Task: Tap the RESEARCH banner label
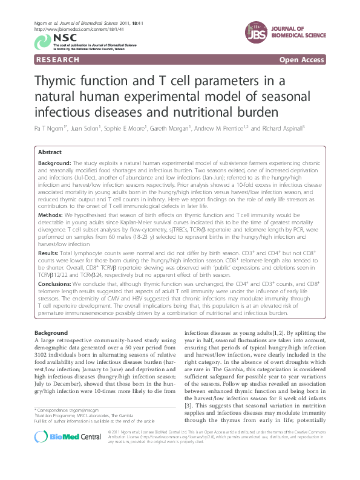(57, 60)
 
